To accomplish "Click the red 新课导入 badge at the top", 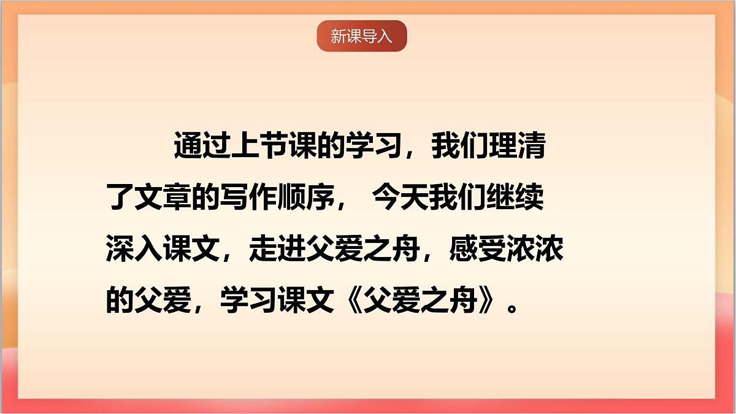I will pyautogui.click(x=362, y=36).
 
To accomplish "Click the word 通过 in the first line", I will pyautogui.click(x=198, y=149).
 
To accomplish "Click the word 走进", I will pyautogui.click(x=275, y=250).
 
